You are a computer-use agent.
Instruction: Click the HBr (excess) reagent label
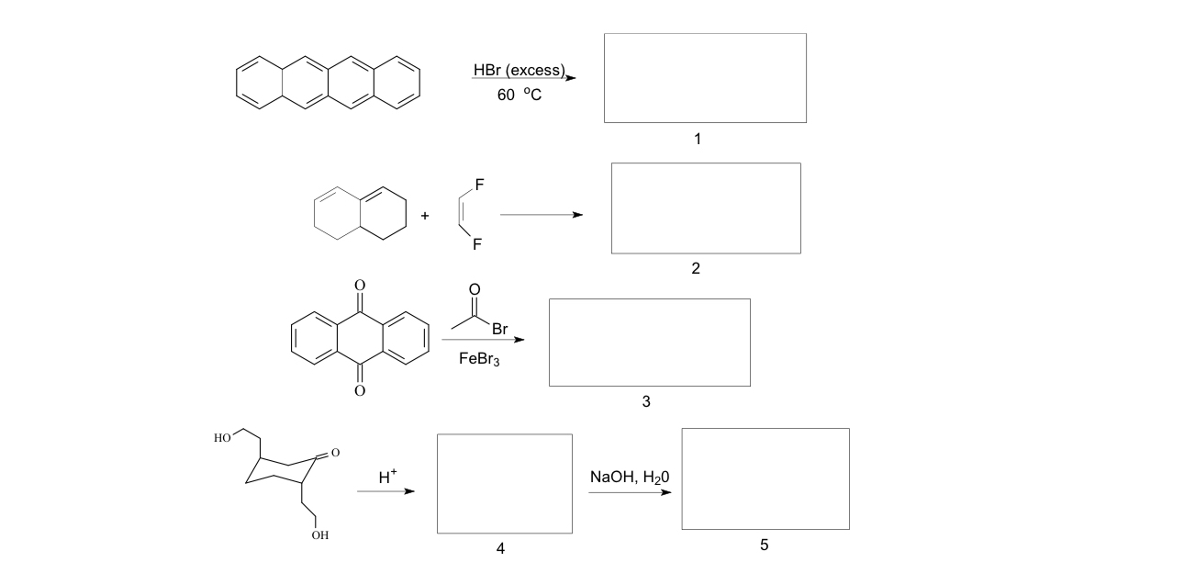pyautogui.click(x=518, y=71)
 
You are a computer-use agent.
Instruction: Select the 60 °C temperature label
pyautogui.click(x=519, y=95)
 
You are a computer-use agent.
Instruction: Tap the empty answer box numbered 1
pyautogui.click(x=705, y=78)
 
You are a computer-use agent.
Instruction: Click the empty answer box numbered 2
pyautogui.click(x=706, y=208)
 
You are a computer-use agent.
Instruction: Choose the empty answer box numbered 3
pyautogui.click(x=649, y=343)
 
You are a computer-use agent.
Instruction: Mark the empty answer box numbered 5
pyautogui.click(x=765, y=478)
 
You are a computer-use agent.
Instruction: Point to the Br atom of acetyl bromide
pyautogui.click(x=500, y=328)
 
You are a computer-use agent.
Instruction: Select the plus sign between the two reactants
pyautogui.click(x=424, y=217)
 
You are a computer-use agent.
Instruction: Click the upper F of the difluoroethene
pyautogui.click(x=478, y=184)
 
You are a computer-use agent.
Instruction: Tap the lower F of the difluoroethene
pyautogui.click(x=478, y=245)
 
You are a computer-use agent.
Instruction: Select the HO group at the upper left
pyautogui.click(x=222, y=438)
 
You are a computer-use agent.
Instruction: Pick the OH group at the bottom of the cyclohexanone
pyautogui.click(x=319, y=535)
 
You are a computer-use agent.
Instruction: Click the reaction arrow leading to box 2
pyautogui.click(x=541, y=216)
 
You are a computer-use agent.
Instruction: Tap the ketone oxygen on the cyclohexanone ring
pyautogui.click(x=336, y=453)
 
